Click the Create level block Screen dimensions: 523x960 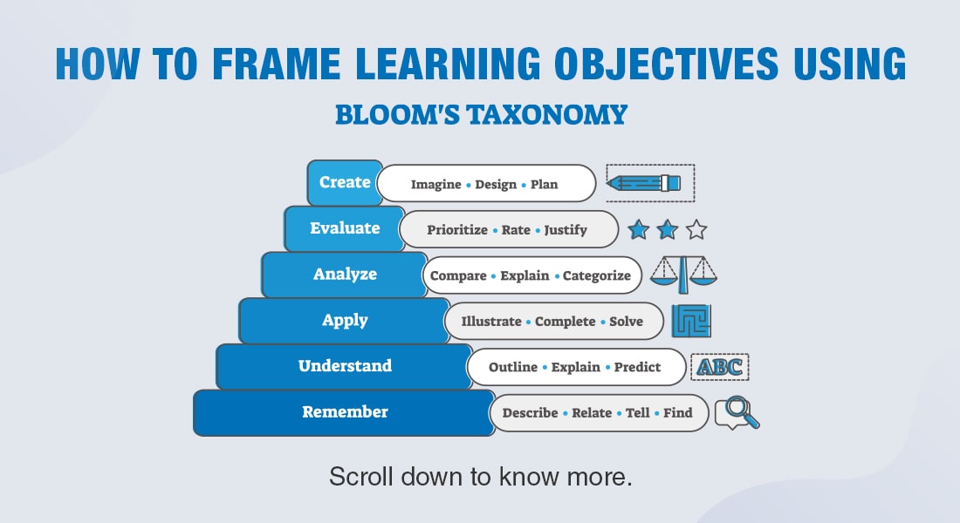pos(345,183)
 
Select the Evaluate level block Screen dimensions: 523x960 pos(345,228)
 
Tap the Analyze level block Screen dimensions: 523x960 pos(345,275)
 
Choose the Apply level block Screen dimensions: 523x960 pos(345,320)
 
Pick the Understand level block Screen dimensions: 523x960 pos(345,366)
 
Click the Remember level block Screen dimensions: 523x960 pos(345,412)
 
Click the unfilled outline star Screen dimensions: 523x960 pos(696,230)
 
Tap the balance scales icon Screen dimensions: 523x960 pos(684,275)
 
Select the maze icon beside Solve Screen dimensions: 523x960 pos(691,321)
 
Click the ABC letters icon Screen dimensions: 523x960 pos(719,367)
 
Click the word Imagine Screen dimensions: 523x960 pos(435,185)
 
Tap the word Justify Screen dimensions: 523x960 pos(566,230)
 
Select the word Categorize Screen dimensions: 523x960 pos(596,275)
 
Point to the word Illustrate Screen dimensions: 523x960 pos(490,322)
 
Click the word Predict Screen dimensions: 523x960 pos(637,367)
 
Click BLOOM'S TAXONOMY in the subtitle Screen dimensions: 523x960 pos(481,114)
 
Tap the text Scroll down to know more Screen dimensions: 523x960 pos(480,476)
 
